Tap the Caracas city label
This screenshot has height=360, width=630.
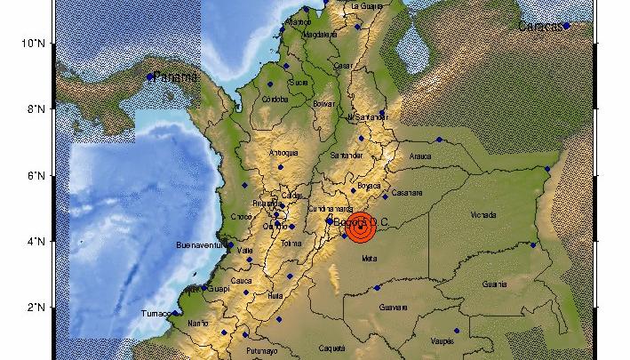[540, 27]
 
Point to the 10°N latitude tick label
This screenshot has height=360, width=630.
[33, 43]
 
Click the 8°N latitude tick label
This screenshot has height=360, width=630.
[36, 109]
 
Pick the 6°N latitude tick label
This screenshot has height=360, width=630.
[36, 175]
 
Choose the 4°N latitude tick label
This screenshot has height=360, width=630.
[36, 241]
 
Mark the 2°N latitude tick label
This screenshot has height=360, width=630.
[36, 308]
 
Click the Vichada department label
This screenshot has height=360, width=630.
[483, 216]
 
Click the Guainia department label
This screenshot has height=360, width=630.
[494, 284]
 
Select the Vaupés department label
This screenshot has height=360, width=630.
[442, 340]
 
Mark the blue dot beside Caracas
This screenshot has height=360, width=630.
[566, 26]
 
